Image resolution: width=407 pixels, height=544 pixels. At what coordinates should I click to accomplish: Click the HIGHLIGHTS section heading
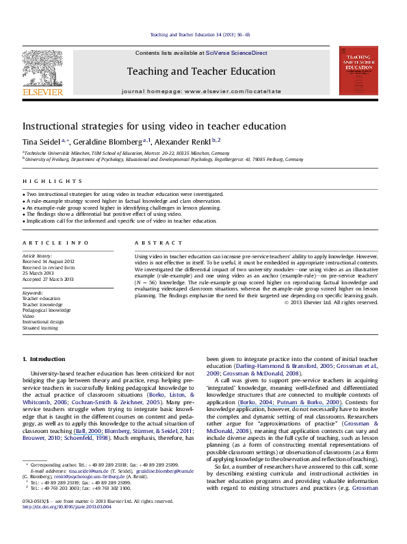coord(43,182)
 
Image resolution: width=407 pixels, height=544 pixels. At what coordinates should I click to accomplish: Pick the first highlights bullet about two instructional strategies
coord(123,195)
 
